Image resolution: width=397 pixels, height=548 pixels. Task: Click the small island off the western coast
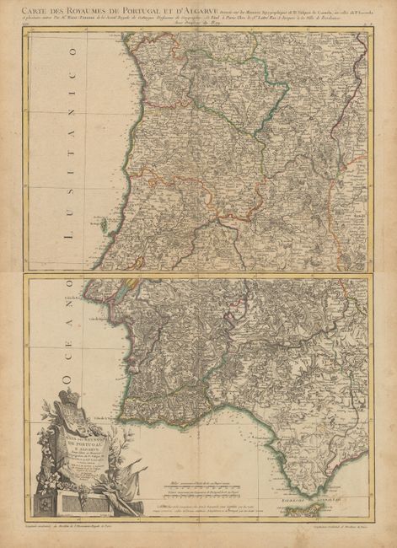[103, 224]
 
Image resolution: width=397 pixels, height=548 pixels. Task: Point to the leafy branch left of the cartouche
[42, 472]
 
